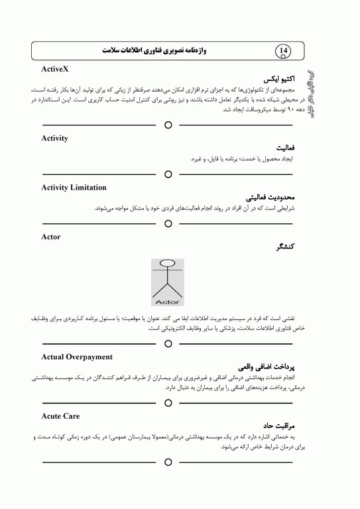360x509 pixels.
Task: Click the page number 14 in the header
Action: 283,50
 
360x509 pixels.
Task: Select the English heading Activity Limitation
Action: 73,188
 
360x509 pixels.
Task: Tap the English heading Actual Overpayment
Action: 77,357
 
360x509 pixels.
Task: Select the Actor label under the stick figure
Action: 170,301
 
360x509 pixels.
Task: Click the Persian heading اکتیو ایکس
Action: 274,78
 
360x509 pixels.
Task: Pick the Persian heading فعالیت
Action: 282,148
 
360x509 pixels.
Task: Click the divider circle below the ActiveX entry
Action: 168,125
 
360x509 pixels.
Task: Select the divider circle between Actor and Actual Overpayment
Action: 168,343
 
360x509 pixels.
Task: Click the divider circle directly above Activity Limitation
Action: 168,174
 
